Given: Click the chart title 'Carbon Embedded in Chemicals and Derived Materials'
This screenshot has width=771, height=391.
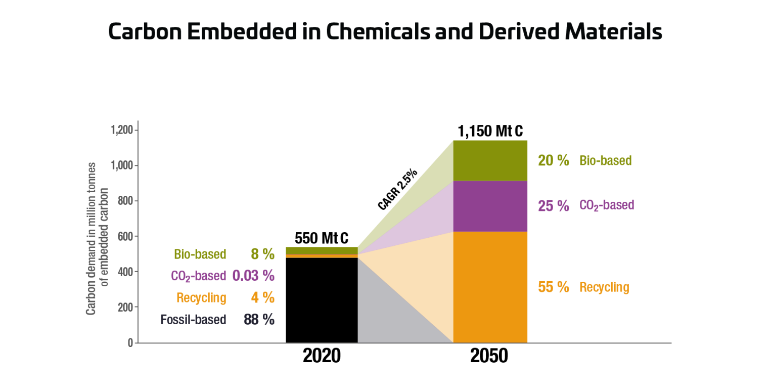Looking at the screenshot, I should coord(385,31).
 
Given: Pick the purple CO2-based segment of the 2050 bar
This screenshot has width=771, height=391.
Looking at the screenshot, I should coord(490,206).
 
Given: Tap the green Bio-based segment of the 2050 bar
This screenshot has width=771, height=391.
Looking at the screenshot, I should coord(490,160).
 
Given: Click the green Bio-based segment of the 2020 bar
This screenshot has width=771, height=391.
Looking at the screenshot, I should coord(322,250).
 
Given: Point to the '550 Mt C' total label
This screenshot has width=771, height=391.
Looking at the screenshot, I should coord(322,238).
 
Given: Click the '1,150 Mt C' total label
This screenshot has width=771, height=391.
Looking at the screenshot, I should coord(490,132).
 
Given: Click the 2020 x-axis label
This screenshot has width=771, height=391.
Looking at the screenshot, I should coord(322,356).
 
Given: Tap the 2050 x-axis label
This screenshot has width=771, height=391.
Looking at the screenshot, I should coord(489,356).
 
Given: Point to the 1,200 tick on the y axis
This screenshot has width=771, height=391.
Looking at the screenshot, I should coord(121,131).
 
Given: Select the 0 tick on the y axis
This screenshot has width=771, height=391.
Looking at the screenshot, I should coord(130,343).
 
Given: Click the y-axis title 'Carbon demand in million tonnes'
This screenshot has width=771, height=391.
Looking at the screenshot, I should coord(91,238).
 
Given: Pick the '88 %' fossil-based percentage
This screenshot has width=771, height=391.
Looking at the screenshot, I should coord(259,320).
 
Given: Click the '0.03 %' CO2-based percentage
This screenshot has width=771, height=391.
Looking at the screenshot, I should coord(253,276).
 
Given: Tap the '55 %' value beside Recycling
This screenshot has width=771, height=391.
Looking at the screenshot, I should coord(554,287).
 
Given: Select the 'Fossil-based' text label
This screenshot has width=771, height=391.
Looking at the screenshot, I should coord(193,320).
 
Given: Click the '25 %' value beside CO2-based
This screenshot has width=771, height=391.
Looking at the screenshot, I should coord(554,206).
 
